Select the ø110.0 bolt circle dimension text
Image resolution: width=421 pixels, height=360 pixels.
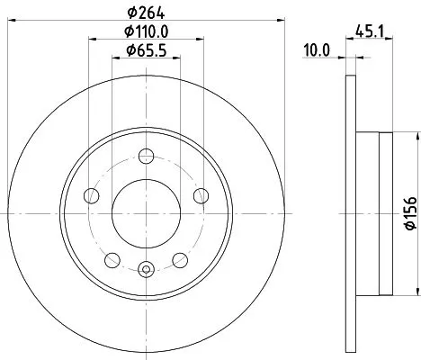point(145,31)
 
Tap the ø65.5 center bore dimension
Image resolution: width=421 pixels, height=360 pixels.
point(145,49)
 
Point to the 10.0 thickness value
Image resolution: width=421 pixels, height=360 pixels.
point(315,50)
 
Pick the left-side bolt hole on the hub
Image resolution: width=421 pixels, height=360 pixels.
point(90,196)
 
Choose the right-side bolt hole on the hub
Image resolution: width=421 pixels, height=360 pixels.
point(200,196)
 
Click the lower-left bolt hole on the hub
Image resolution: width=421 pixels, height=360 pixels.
point(112,260)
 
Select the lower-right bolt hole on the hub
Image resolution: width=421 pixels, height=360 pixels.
point(178,260)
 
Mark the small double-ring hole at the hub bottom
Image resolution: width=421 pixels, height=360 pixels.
point(145,267)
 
